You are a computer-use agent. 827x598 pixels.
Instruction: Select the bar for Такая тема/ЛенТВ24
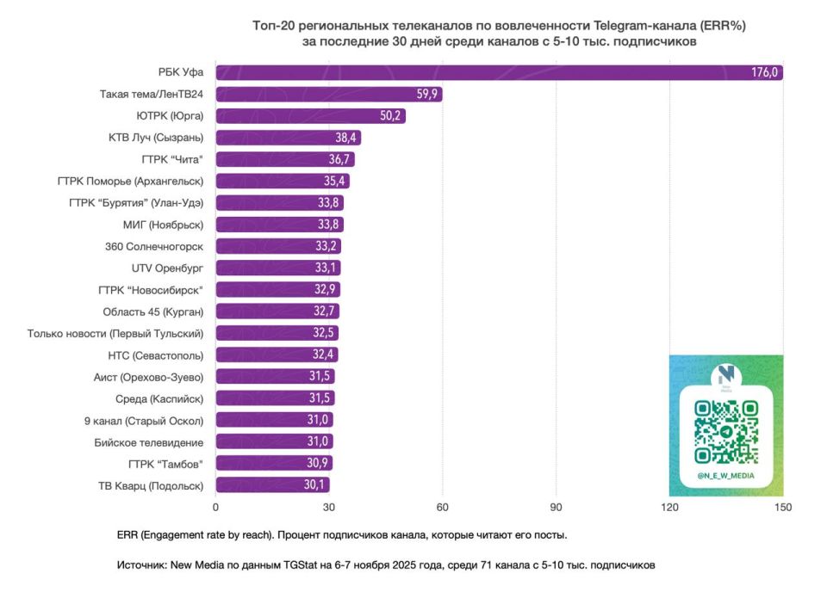click(328, 95)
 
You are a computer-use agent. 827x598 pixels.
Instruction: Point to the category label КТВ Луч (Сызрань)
click(156, 138)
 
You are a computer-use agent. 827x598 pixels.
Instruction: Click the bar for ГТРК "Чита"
click(284, 159)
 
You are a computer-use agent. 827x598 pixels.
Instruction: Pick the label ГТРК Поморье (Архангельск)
click(130, 181)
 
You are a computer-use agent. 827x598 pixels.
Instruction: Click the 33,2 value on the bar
click(326, 246)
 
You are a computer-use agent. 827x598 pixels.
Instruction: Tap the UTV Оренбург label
click(168, 268)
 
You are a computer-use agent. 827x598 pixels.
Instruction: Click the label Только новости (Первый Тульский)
click(115, 333)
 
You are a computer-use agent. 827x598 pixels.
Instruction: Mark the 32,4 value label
click(324, 354)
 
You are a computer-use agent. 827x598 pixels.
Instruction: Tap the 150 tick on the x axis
click(783, 507)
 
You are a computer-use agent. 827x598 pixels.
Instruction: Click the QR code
click(726, 433)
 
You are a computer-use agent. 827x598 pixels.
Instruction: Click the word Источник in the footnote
click(143, 565)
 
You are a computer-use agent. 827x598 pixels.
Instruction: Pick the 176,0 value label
click(765, 73)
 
